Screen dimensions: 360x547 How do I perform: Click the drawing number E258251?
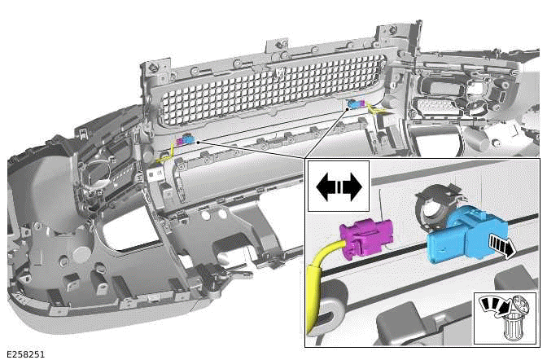pyautogui.click(x=24, y=354)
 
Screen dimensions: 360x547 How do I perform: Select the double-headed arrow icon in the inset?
pyautogui.click(x=338, y=186)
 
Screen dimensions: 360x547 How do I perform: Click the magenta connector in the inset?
pyautogui.click(x=366, y=242)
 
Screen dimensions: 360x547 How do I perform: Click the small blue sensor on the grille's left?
pyautogui.click(x=189, y=140)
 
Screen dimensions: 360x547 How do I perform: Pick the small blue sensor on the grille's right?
pyautogui.click(x=359, y=103)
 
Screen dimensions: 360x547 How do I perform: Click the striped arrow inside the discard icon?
pyautogui.click(x=494, y=306)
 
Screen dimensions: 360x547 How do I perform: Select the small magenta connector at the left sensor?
pyautogui.click(x=180, y=142)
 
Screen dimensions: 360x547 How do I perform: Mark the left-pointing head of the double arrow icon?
pyautogui.click(x=326, y=186)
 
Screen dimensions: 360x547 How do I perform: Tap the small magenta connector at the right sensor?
pyautogui.click(x=352, y=104)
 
